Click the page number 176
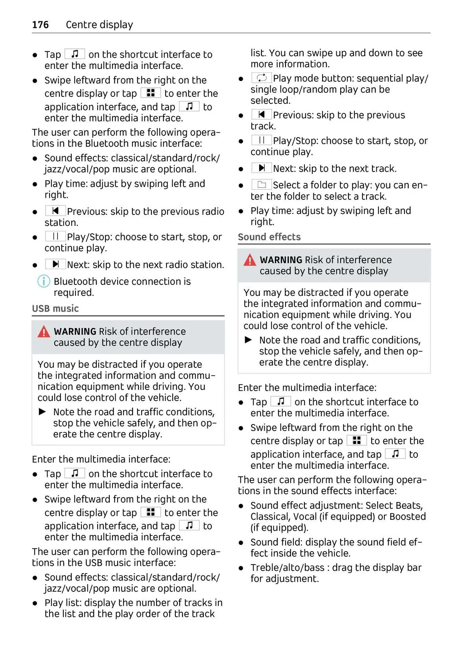tap(41, 25)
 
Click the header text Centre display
tap(99, 25)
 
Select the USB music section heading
tap(55, 308)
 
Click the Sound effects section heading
tap(269, 237)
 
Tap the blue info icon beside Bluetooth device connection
tap(43, 281)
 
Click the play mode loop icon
tap(262, 78)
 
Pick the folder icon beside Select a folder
tap(262, 185)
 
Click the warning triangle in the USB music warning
tap(44, 332)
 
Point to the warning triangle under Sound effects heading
tap(250, 260)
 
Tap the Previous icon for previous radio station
tap(55, 211)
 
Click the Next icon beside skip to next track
tap(262, 168)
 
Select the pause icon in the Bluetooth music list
tap(55, 236)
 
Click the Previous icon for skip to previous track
tap(262, 114)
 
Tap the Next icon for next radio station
tap(55, 264)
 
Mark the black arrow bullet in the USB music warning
tap(42, 412)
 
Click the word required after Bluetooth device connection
tap(74, 293)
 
